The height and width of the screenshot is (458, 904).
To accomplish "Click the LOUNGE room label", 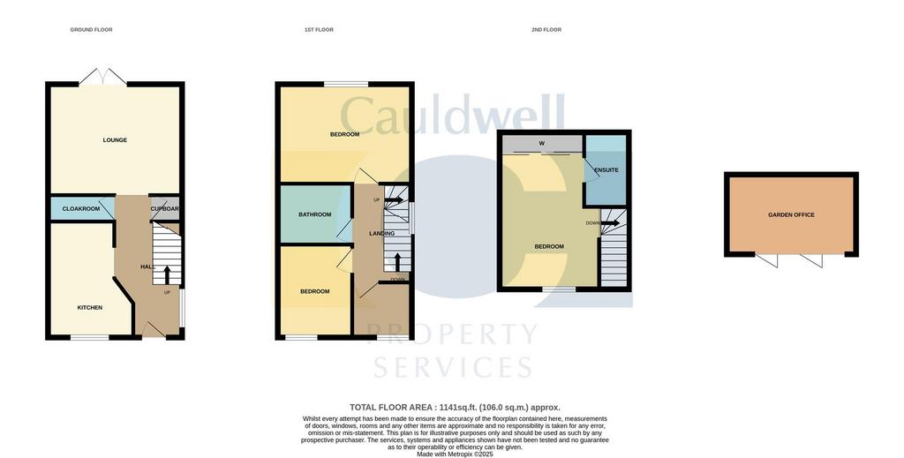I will [115, 140].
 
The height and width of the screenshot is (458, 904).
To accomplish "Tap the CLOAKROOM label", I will [81, 209].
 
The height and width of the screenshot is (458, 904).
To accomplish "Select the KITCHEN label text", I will [90, 308].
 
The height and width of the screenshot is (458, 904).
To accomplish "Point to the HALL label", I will [147, 267].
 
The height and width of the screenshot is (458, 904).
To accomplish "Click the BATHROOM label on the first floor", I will [314, 214].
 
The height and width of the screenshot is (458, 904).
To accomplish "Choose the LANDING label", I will [382, 234].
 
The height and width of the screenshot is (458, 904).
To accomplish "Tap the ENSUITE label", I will [606, 170].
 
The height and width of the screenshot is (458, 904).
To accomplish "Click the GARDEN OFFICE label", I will [791, 215].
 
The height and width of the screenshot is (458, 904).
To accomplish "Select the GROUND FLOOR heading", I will [91, 30].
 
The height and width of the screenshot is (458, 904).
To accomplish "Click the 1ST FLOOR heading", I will [319, 30].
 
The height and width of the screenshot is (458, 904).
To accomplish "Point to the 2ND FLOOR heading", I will [546, 30].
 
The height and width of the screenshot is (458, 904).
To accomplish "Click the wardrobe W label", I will [541, 144].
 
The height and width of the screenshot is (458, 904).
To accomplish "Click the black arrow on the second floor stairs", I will [610, 223].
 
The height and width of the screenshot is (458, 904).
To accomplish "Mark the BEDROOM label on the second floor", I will [549, 247].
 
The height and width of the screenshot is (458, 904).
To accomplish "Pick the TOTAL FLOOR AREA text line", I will [455, 408].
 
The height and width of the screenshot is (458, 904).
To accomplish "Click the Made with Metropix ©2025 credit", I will [455, 454].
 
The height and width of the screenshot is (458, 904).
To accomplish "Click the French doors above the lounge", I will [102, 78].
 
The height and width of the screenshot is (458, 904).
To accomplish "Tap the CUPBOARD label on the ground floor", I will [165, 209].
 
